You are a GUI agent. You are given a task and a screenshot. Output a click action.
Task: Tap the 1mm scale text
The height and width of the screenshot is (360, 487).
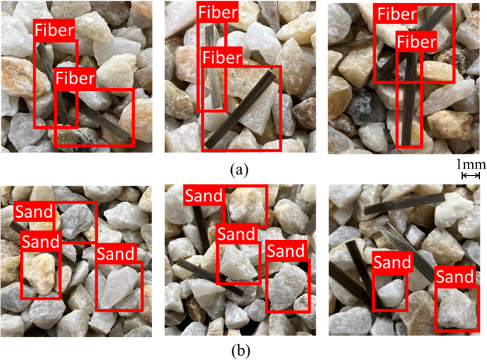coord(471,164)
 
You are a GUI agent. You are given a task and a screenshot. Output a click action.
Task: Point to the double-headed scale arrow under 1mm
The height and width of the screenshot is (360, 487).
coord(471,175)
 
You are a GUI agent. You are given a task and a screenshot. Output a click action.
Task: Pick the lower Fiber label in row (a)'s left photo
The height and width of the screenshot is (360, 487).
coord(76,77)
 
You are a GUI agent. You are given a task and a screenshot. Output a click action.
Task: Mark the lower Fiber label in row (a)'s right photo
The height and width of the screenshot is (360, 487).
coord(416,42)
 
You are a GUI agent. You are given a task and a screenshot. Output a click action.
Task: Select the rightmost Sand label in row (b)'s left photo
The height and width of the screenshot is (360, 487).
coord(117,253)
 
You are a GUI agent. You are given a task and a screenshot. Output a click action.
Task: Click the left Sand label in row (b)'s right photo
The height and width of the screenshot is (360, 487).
coord(392,262)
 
